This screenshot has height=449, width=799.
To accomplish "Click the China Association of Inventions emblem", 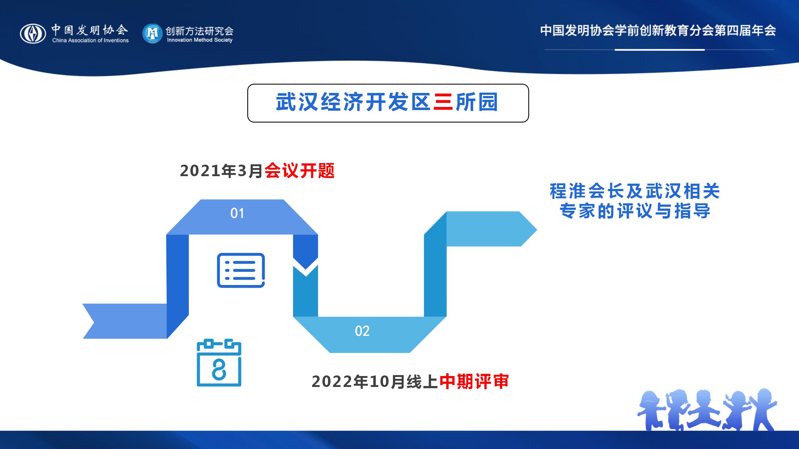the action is point(33,34).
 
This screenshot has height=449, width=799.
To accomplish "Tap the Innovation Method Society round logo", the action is point(152,33).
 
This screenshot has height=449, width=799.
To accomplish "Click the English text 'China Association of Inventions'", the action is point(91,41).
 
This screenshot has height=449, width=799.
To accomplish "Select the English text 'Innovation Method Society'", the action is point(200,40).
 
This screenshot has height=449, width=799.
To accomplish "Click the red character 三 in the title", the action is point(443,102).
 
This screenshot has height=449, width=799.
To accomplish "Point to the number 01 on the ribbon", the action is point(237,214).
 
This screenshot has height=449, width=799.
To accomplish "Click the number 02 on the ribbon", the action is point(362,331).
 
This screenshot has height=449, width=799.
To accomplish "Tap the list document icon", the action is point(241,270).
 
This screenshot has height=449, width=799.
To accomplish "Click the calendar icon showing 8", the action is point(219,363).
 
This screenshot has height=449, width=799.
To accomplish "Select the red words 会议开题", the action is point(300,171).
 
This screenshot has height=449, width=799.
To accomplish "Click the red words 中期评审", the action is point(474,382).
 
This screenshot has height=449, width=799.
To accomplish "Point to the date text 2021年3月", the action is point(222,171).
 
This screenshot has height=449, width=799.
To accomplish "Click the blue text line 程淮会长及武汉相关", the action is point(635,191).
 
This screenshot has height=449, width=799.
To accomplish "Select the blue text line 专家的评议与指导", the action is point(635,211).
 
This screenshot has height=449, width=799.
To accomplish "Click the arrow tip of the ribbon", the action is point(537,229).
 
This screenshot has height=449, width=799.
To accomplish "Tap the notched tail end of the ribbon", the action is point(94,321).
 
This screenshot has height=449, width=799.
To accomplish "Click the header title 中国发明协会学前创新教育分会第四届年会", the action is point(658,31).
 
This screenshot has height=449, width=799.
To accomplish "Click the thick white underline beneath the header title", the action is point(659,50).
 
